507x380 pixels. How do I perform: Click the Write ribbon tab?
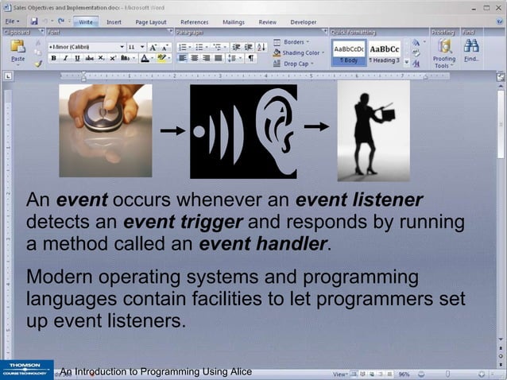pyautogui.click(x=86, y=22)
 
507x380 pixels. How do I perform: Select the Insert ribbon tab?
pyautogui.click(x=114, y=22)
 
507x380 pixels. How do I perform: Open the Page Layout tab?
pyautogui.click(x=151, y=22)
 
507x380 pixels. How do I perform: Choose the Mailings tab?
pyautogui.click(x=233, y=22)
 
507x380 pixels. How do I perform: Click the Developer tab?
pyautogui.click(x=303, y=22)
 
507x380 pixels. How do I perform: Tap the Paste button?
pyautogui.click(x=17, y=51)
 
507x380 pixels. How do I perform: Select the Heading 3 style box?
pyautogui.click(x=385, y=52)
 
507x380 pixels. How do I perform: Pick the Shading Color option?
pyautogui.click(x=299, y=52)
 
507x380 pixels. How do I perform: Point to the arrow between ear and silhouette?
pyautogui.click(x=316, y=126)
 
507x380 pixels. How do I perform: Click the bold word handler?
pyautogui.click(x=291, y=244)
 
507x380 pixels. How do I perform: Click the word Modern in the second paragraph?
pyautogui.click(x=64, y=278)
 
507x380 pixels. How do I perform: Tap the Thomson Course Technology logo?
pyautogui.click(x=26, y=370)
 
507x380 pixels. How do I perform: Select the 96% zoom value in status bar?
pyautogui.click(x=404, y=373)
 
